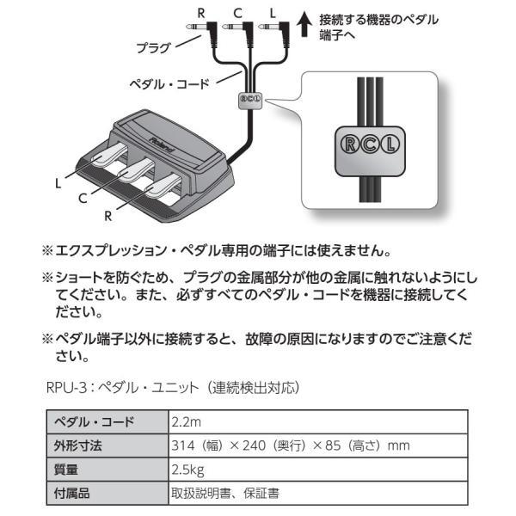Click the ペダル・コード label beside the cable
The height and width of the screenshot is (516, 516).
168,85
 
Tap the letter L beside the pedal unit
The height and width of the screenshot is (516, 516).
58,182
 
